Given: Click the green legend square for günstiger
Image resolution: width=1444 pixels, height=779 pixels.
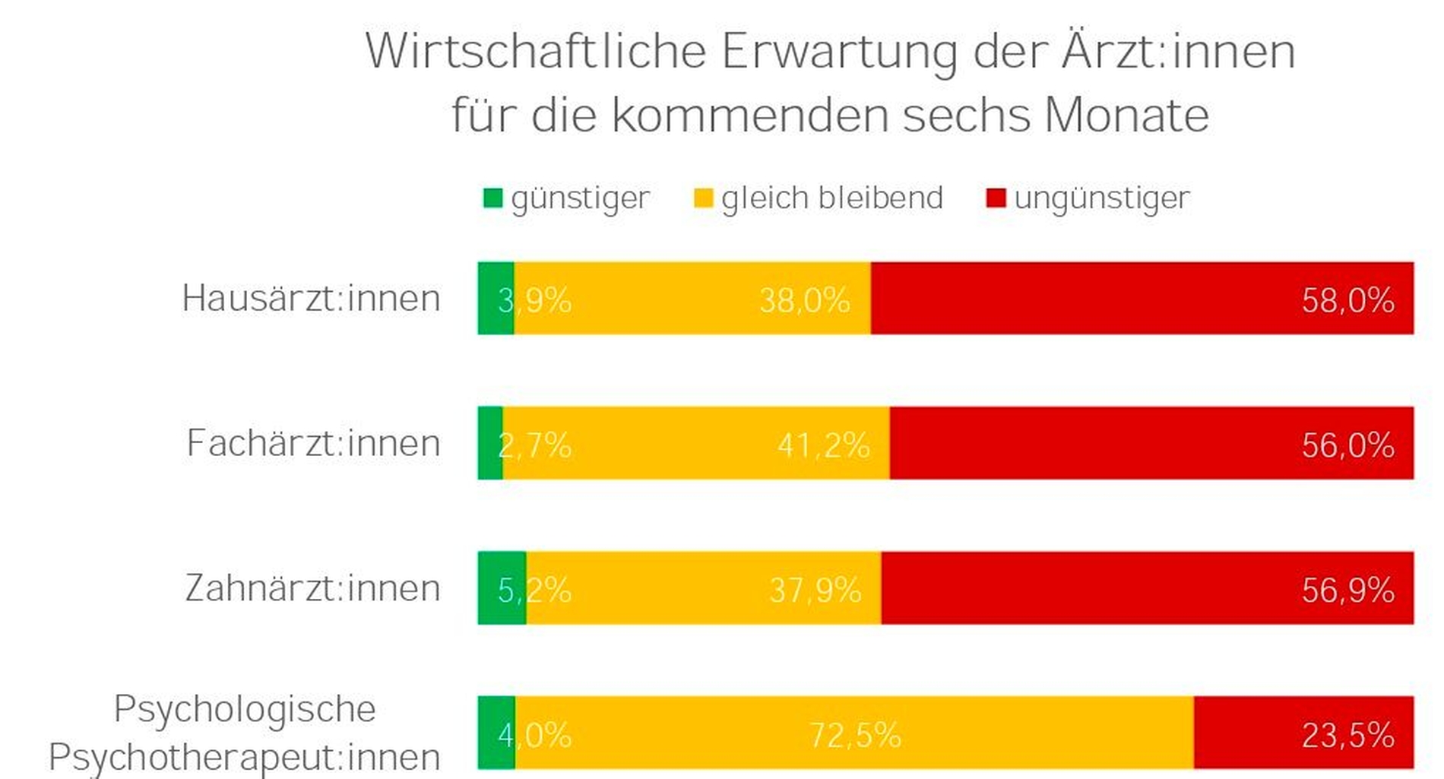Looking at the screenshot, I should click(492, 198).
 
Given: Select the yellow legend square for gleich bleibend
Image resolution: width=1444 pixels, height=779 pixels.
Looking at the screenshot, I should click(704, 198).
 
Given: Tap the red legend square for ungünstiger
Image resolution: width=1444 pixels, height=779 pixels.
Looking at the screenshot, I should click(996, 198).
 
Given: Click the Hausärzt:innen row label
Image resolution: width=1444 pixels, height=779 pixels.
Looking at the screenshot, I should click(311, 298).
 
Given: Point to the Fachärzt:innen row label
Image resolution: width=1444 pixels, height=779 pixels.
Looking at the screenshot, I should click(313, 443).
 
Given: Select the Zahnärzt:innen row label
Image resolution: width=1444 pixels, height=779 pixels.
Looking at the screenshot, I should click(312, 588).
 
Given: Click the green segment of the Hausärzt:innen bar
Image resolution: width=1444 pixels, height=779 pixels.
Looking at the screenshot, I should click(496, 298).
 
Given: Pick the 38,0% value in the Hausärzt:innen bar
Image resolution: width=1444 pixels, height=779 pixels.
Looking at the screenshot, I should click(804, 300).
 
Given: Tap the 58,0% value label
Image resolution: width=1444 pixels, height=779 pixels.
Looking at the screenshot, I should click(1347, 300).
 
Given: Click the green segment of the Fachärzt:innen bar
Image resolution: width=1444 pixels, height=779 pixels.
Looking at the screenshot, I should click(490, 443).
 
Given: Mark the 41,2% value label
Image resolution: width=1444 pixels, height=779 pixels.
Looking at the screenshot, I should click(823, 445).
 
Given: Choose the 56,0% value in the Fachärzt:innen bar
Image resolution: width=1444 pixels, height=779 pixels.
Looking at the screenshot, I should click(1347, 445).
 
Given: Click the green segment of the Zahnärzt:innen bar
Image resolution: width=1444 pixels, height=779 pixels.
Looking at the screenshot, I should click(502, 588).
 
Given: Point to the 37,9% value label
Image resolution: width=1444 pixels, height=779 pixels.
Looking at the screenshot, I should click(815, 591).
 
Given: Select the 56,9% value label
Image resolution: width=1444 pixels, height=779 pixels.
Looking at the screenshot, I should click(1347, 591).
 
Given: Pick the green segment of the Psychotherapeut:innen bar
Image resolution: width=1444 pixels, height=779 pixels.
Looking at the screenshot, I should click(496, 733).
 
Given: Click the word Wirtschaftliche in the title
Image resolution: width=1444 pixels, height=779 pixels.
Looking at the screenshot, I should click(536, 52).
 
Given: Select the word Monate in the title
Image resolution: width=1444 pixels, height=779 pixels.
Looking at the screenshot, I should click(1126, 116).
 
